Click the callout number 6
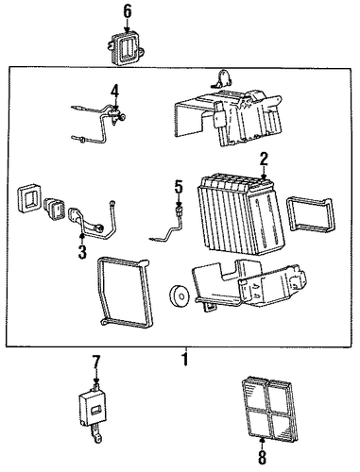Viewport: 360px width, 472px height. pos(127,11)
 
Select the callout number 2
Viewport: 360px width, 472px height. pos(264,160)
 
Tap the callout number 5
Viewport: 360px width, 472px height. pos(179,188)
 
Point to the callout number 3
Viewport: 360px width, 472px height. pos(82,252)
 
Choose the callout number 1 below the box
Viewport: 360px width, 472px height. pos(186,359)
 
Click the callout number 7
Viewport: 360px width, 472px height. pos(96,362)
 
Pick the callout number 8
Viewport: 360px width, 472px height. pos(262,458)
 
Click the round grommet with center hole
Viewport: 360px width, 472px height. pos(179,295)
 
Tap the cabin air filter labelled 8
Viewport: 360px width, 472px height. pos(270,408)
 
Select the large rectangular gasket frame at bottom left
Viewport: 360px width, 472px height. pos(126,293)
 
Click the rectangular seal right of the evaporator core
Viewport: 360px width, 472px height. pos(310,214)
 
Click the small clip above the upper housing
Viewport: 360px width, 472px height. pos(223,79)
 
